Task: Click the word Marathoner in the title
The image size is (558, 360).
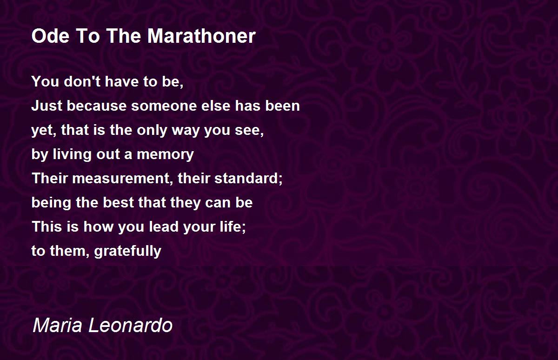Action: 201,36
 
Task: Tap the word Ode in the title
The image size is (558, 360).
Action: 50,36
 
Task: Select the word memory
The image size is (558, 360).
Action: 165,155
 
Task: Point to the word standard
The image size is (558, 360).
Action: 248,179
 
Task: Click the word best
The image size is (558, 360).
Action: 118,202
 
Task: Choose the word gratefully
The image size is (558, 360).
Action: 128,251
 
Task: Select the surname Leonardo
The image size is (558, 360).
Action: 131,325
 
